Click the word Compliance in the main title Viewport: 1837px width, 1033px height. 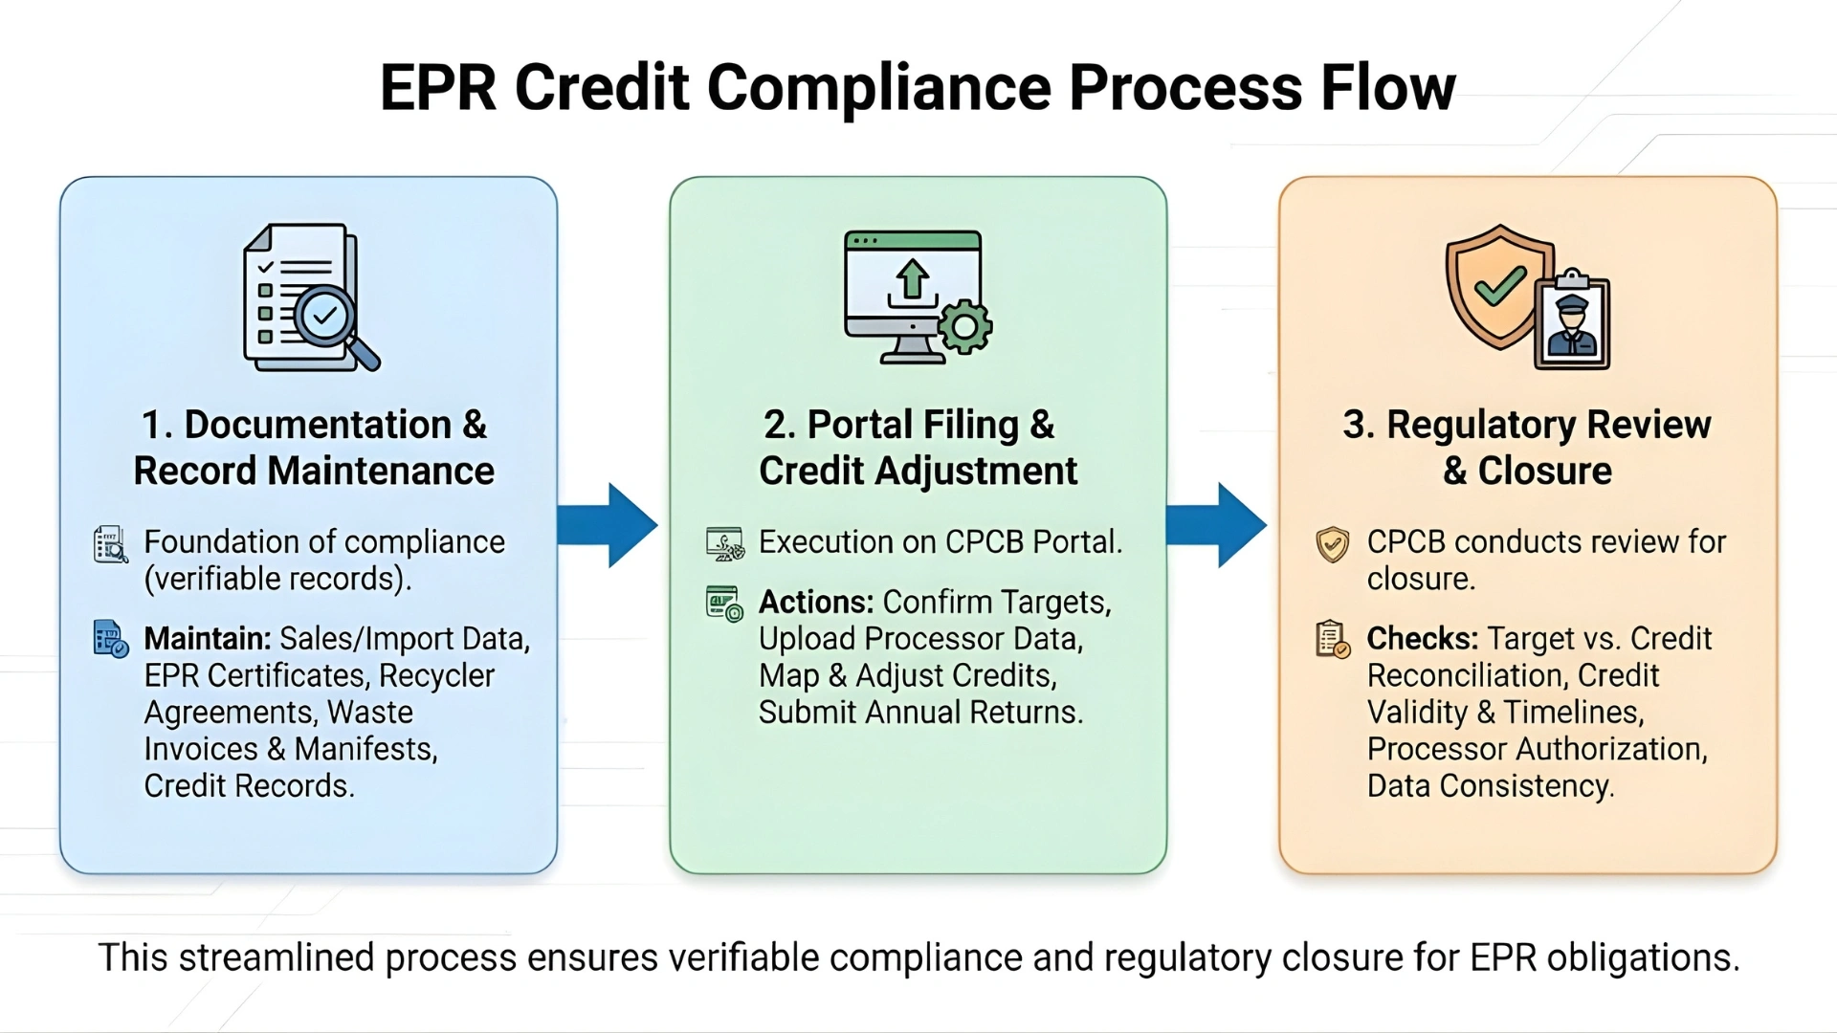(879, 88)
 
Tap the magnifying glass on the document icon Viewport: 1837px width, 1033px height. (330, 320)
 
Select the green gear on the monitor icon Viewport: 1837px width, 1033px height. (964, 327)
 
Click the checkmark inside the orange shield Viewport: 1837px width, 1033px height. (1499, 285)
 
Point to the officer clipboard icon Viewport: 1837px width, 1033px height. (1572, 320)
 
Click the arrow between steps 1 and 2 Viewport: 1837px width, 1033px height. (609, 525)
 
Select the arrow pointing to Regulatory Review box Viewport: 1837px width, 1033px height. (1217, 525)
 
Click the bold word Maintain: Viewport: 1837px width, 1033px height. (208, 639)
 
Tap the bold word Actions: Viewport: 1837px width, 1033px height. (815, 603)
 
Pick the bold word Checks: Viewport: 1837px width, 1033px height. (1422, 639)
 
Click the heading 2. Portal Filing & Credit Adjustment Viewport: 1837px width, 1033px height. (917, 448)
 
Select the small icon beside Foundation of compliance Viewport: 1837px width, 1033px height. (111, 544)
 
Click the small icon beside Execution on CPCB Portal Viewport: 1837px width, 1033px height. (724, 543)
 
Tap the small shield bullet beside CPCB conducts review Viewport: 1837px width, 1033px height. (1332, 544)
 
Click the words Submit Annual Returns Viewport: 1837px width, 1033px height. (919, 713)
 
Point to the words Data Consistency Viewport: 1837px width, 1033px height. (1489, 786)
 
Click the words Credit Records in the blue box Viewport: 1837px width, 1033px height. (248, 786)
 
